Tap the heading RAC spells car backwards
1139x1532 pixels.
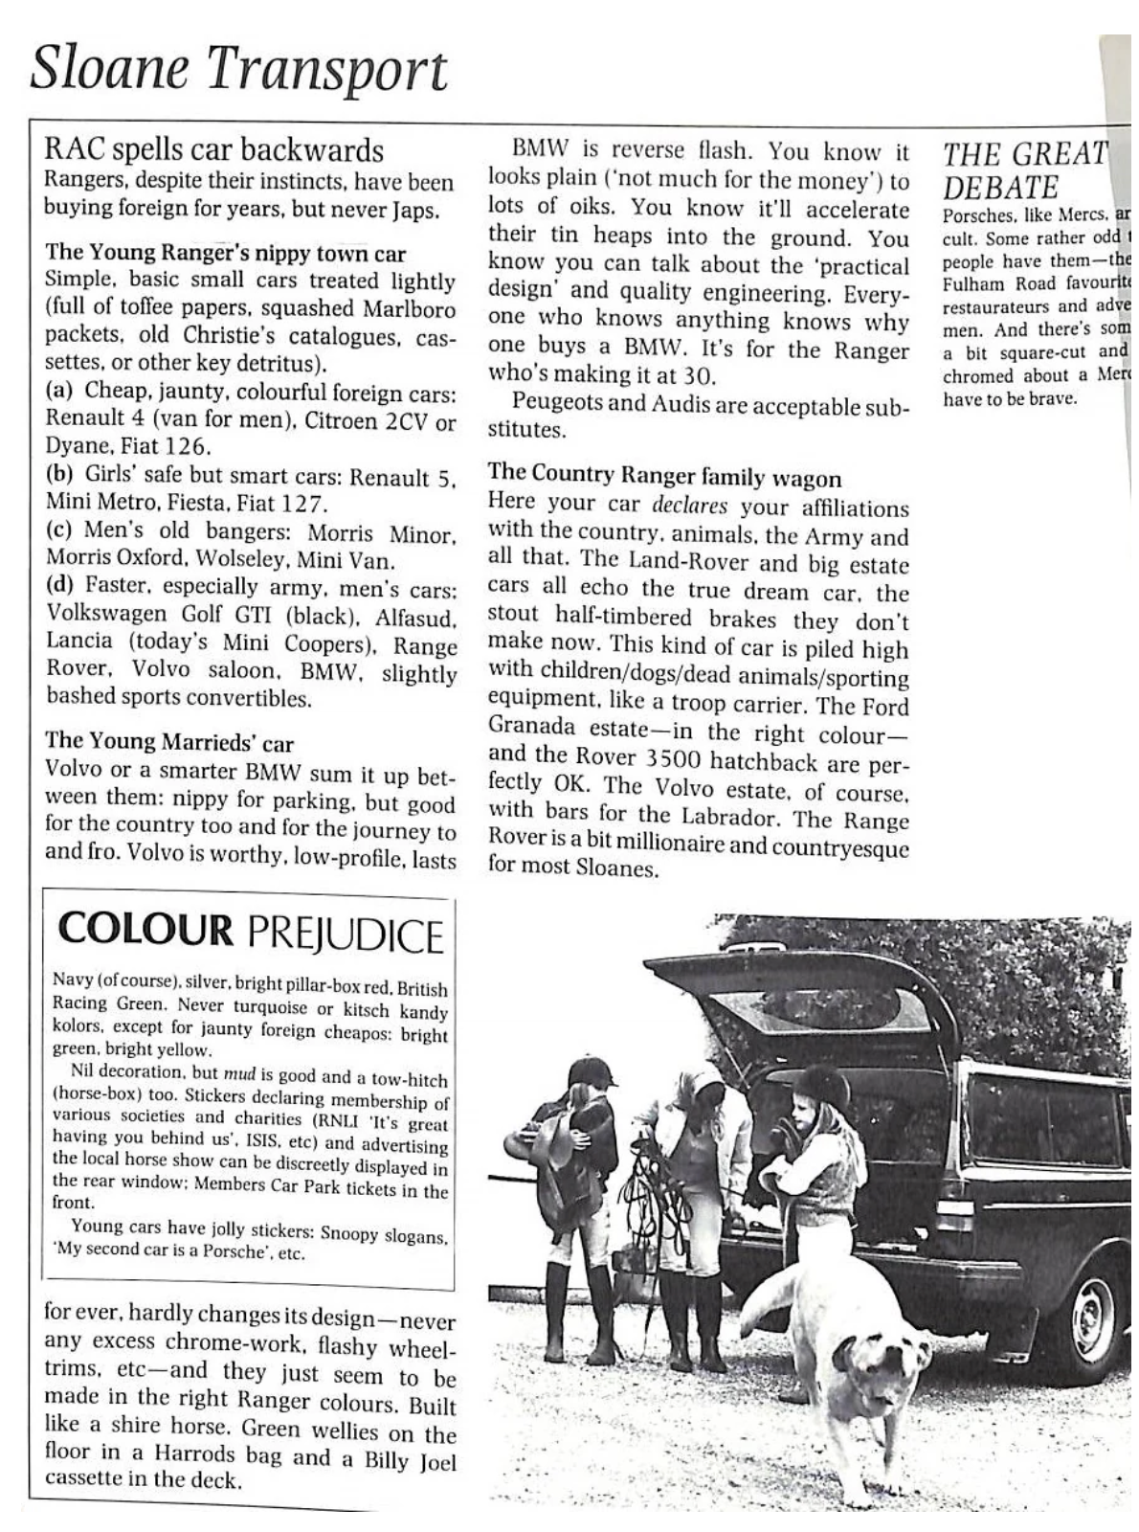click(x=214, y=150)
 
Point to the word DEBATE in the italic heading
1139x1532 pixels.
click(x=1001, y=187)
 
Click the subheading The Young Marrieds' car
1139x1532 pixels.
click(x=169, y=743)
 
